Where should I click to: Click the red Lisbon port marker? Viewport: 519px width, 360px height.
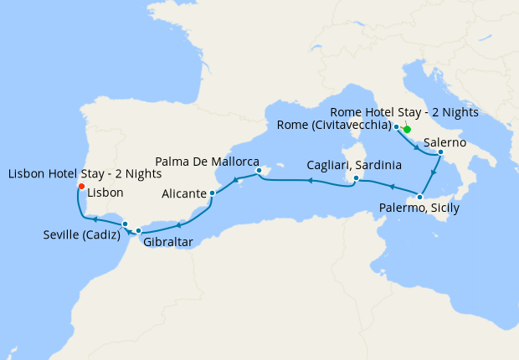point(80,186)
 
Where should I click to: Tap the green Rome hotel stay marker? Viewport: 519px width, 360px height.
point(407,129)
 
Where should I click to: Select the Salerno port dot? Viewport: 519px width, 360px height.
point(440,152)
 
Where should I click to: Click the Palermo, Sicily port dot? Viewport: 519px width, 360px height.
point(420,197)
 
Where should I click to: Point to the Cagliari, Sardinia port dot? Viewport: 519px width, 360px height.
point(357,178)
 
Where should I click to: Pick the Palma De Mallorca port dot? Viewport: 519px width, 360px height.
point(259,171)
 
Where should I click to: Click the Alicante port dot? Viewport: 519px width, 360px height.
point(213,193)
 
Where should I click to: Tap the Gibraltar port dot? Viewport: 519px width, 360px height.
point(139,230)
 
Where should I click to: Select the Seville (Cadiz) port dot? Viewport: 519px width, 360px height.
point(125,224)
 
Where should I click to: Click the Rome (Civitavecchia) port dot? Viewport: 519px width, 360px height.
point(396,126)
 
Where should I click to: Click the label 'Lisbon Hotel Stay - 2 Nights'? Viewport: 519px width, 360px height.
point(85,173)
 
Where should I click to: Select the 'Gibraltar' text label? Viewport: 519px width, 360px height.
point(168,242)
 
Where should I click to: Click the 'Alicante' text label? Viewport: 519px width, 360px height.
point(183,194)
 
